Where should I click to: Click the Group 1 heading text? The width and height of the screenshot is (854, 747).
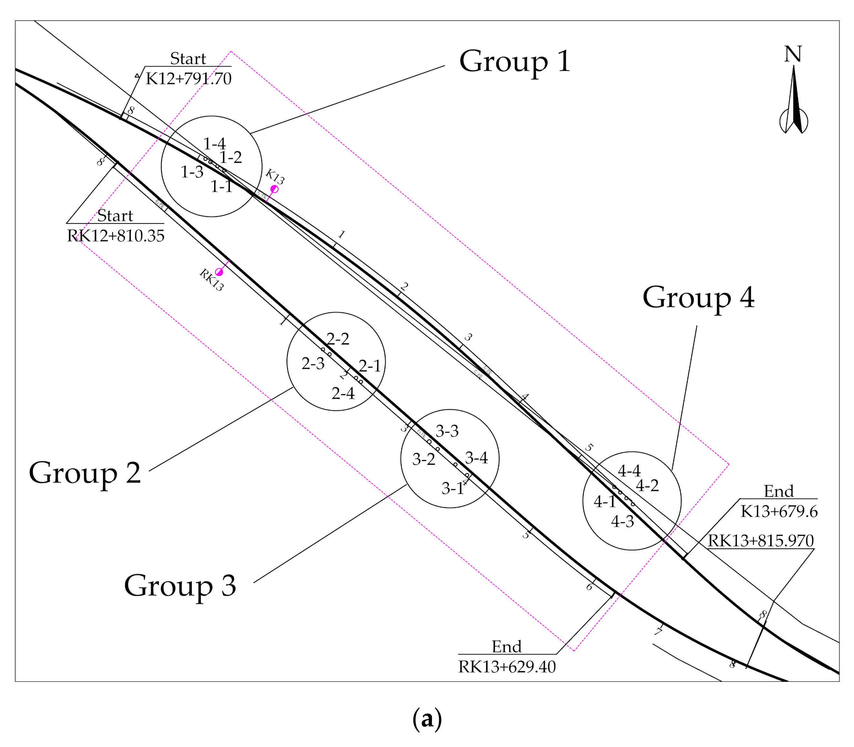515,62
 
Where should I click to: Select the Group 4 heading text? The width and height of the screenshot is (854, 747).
698,298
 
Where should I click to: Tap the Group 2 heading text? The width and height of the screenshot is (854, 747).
85,473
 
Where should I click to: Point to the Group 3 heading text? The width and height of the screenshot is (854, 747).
180,586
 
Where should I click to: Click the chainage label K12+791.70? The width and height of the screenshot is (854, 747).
189,78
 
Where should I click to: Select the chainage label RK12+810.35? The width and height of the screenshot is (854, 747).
116,236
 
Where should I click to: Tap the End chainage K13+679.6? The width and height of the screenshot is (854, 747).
779,511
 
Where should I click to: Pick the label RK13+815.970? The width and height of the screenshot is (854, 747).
761,541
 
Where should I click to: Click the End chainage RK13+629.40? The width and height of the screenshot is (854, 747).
507,667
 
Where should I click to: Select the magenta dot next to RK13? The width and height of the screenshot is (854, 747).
219,272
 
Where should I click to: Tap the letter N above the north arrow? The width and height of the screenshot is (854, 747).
793,54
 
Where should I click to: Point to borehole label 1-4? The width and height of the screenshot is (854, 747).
214,144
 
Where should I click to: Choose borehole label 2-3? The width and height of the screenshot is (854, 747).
313,364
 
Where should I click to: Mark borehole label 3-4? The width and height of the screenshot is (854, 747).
476,458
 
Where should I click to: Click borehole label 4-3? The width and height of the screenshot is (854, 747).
622,521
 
